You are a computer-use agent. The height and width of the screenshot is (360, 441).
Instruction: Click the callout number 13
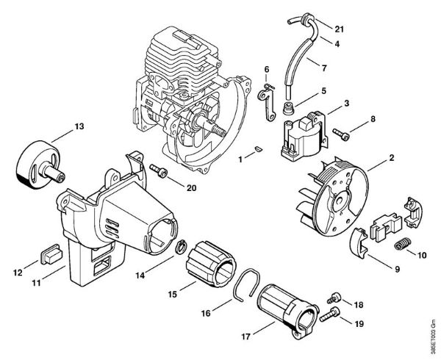(x=79, y=126)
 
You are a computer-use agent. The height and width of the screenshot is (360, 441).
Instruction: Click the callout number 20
(x=191, y=188)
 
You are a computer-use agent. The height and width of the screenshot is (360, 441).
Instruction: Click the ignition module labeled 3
(x=301, y=134)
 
